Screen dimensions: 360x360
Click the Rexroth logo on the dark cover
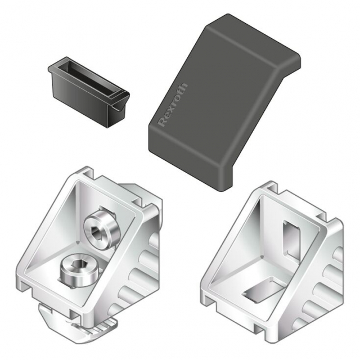coord(174,105)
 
